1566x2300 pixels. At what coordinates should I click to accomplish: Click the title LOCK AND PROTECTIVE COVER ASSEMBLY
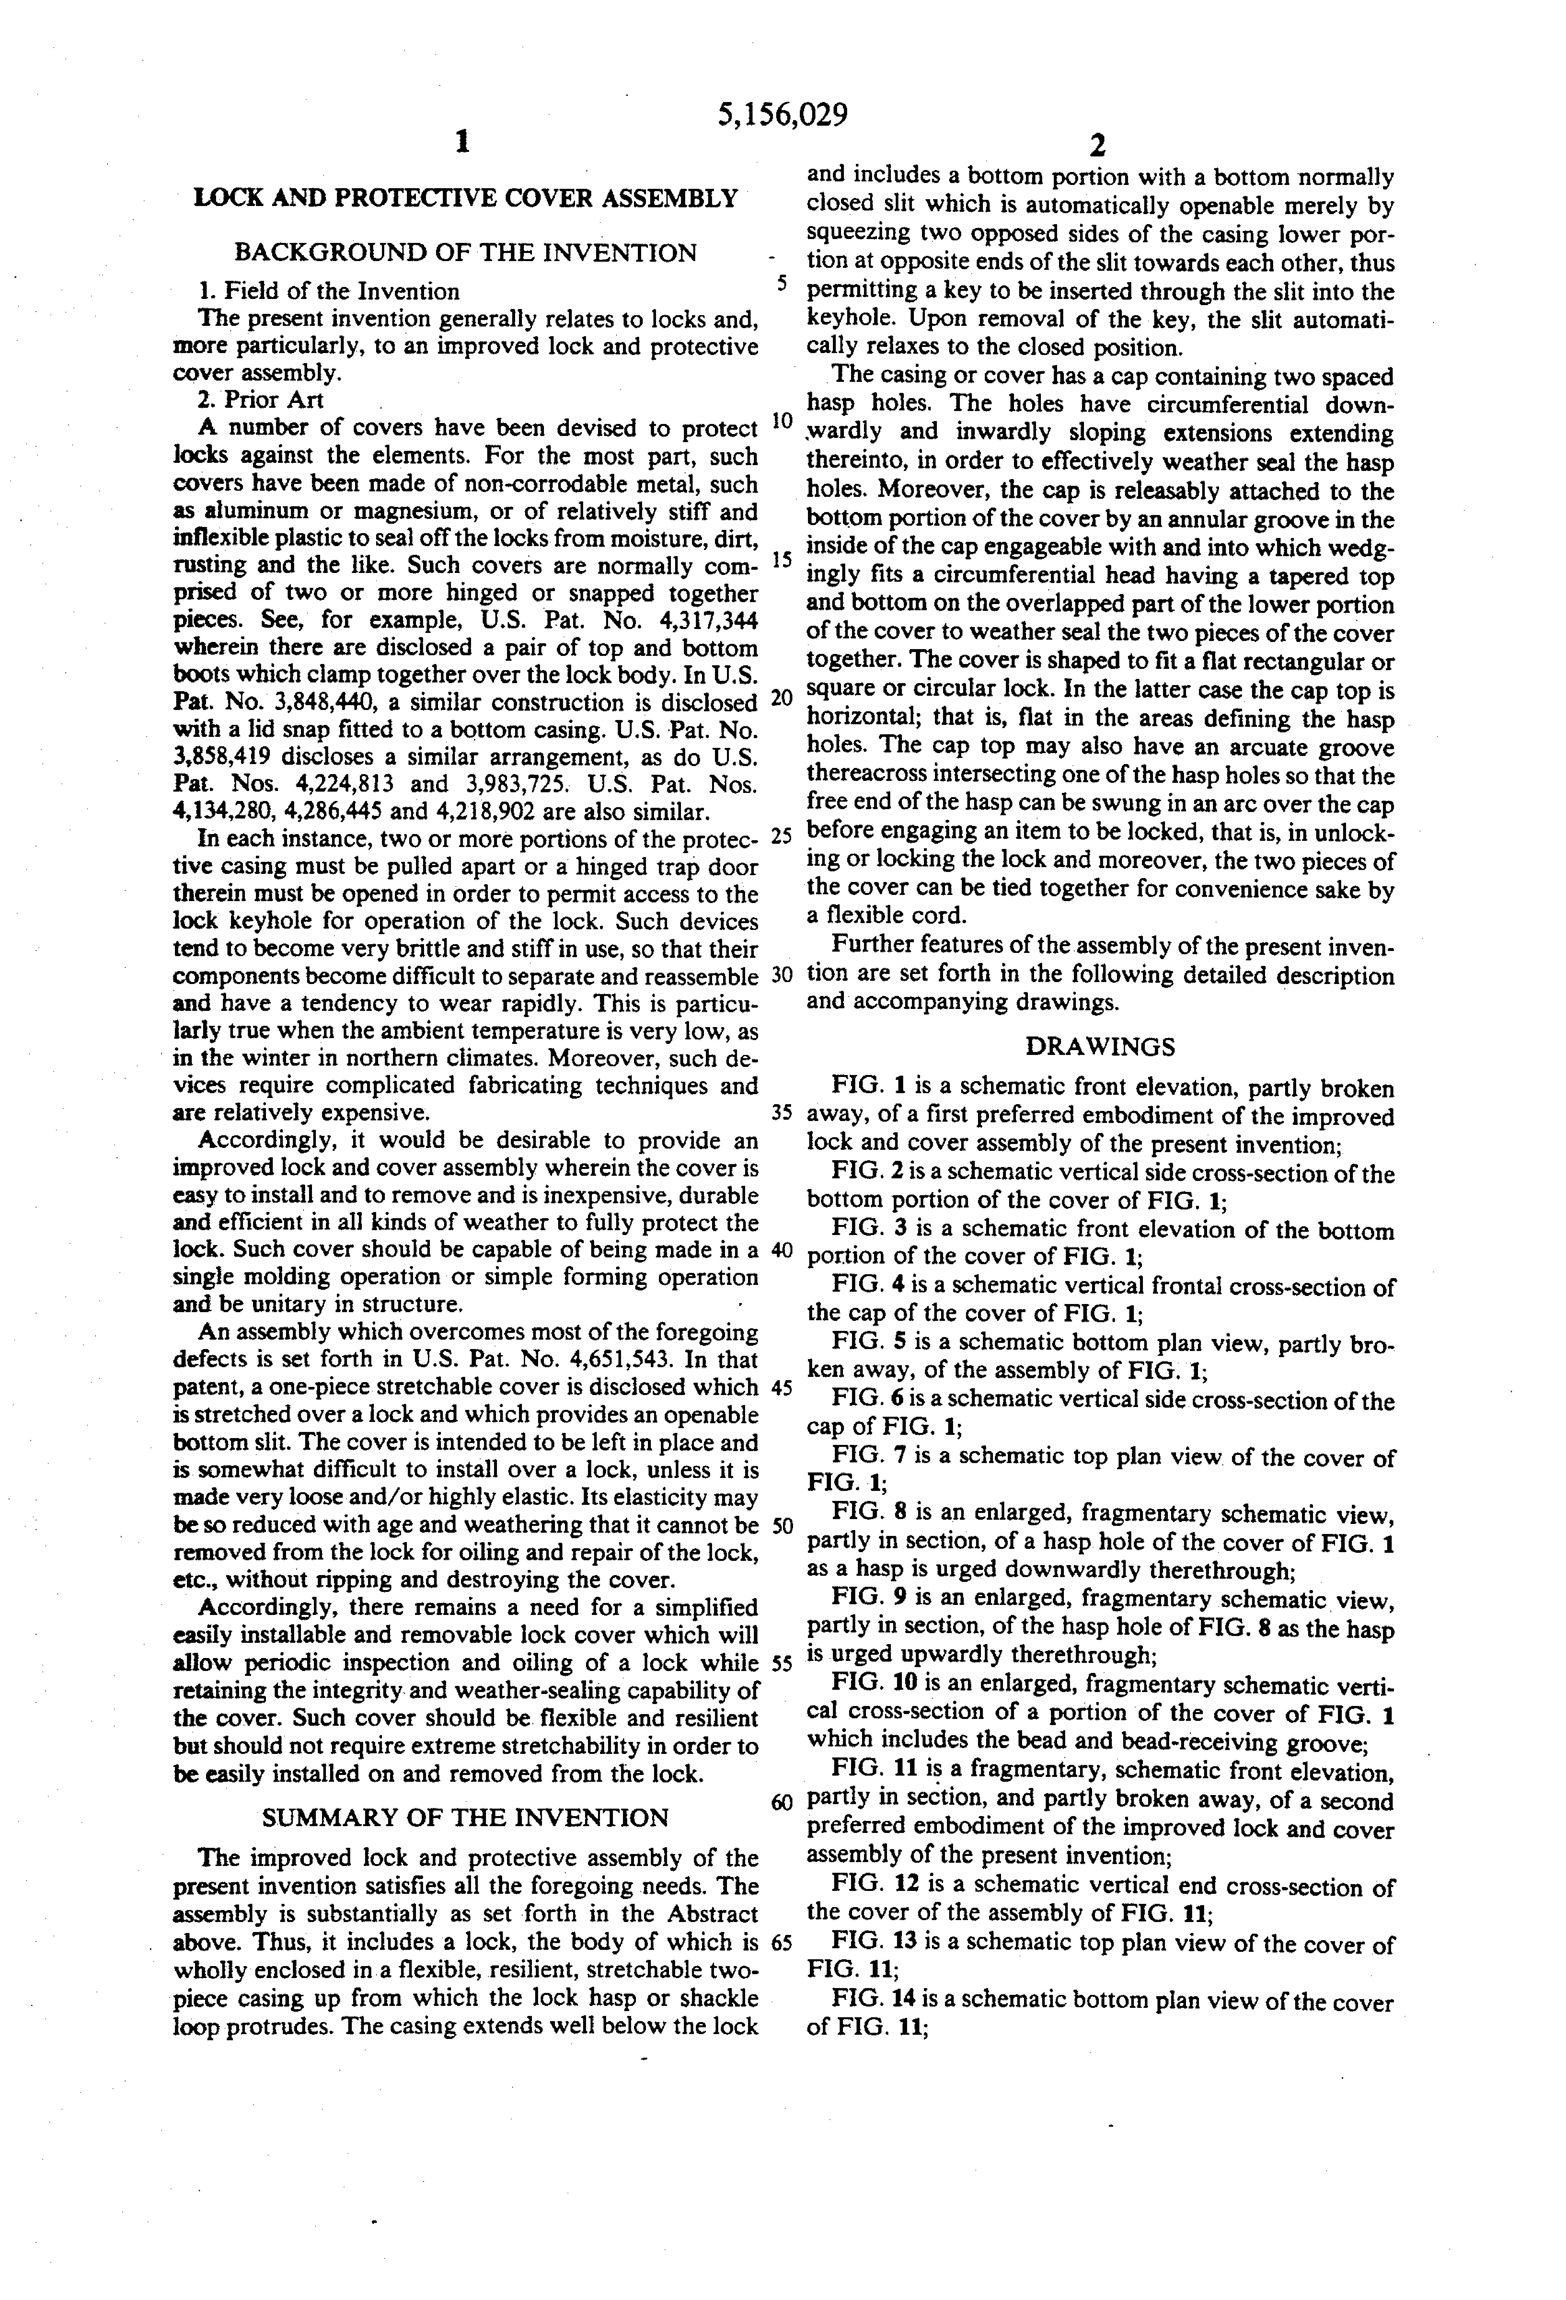pos(465,198)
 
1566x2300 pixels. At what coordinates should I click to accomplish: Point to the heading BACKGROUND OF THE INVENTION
pos(465,253)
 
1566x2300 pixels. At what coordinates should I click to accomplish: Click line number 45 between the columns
pos(781,1388)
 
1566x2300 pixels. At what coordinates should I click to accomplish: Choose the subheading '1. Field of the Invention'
pos(328,291)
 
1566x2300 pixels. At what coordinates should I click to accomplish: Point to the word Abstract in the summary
pos(702,1915)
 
